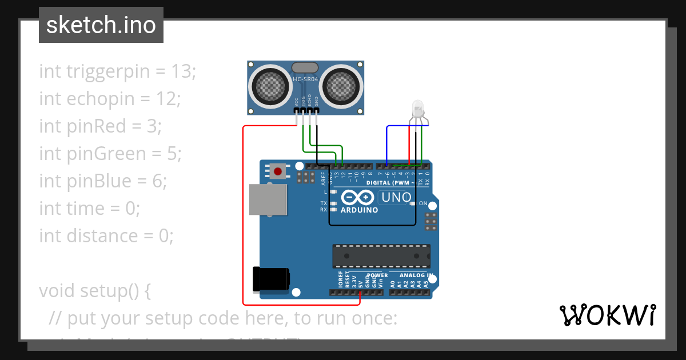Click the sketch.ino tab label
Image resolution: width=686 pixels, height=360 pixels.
[101, 25]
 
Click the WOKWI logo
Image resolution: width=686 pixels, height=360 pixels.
[607, 315]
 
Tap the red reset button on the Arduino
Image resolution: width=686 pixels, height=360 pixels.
[278, 171]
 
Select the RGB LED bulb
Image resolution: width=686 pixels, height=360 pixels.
[418, 108]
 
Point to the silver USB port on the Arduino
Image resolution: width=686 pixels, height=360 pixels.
[268, 201]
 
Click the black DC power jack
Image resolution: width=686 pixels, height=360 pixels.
[272, 280]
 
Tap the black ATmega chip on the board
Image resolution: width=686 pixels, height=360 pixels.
[381, 256]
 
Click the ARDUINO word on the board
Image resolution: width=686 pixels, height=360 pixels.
[359, 210]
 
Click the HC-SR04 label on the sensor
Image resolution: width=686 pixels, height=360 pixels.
[305, 79]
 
